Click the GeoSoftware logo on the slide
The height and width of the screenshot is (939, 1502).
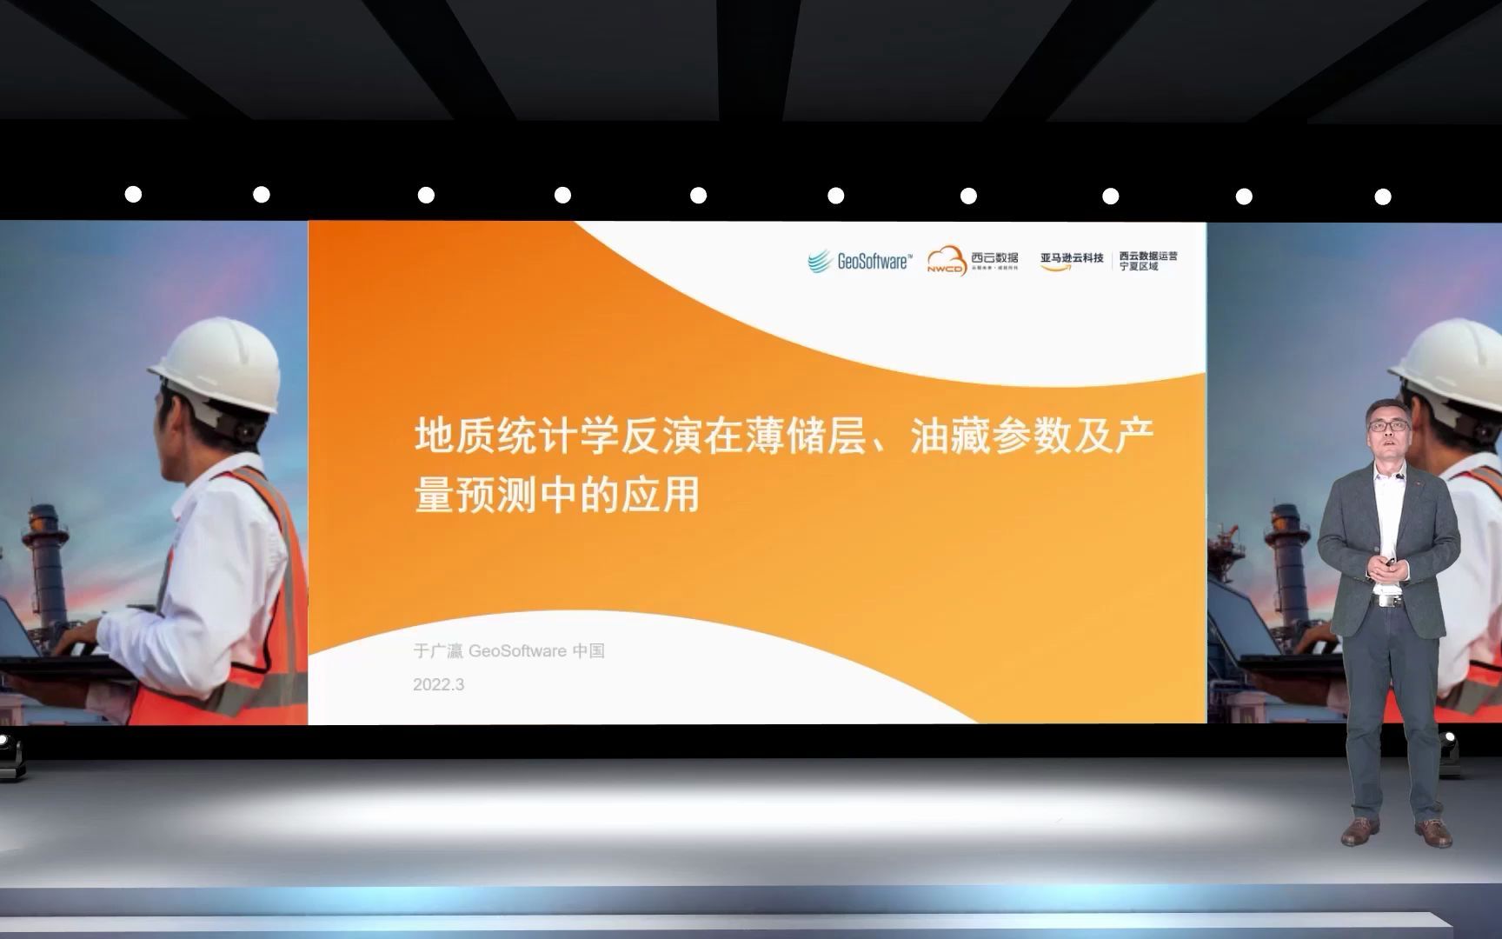[x=860, y=261]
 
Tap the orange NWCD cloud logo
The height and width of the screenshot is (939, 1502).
[x=947, y=260]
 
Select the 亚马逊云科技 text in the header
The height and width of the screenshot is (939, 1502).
[x=1072, y=258]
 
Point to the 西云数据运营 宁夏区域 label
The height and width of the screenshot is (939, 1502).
[x=1147, y=261]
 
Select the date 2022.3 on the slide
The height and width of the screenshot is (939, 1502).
[x=439, y=685]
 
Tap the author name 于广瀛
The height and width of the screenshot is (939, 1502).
[x=438, y=651]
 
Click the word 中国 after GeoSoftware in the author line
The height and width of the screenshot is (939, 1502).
[x=588, y=651]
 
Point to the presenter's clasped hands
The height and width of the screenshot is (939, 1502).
[x=1383, y=567]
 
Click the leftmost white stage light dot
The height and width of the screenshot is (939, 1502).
[x=133, y=195]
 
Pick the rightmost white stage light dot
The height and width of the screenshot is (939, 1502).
[x=1382, y=196]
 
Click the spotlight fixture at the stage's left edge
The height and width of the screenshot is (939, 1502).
[x=9, y=749]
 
